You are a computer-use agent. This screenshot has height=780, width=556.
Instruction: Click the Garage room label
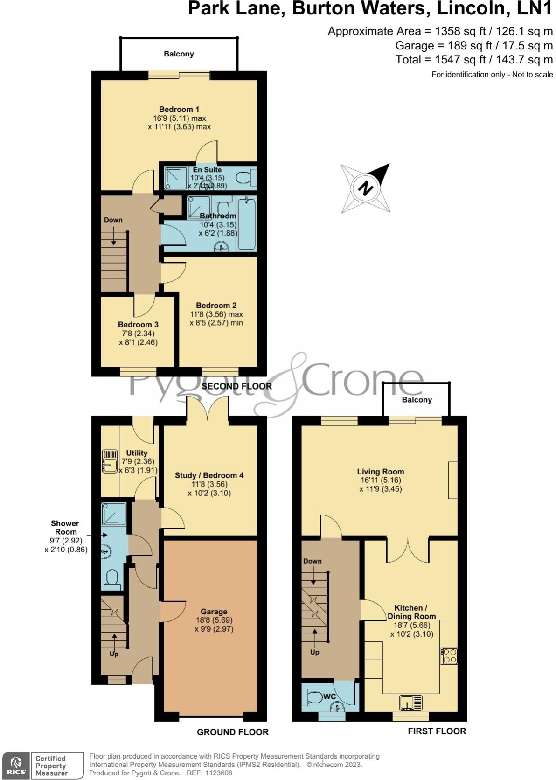[214, 611]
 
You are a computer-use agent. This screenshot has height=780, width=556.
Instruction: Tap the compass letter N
[366, 188]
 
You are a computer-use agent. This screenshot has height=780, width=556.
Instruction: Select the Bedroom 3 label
[138, 324]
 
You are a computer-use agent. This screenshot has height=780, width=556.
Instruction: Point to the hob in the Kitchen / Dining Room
[450, 656]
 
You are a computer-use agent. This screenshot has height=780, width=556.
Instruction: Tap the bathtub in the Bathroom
[247, 223]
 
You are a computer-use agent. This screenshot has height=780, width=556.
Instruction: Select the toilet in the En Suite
[245, 177]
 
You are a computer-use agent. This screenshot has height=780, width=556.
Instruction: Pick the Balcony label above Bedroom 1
[179, 54]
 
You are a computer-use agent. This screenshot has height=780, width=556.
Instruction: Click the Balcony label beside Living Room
[417, 400]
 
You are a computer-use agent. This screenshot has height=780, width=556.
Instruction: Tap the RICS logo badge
[16, 765]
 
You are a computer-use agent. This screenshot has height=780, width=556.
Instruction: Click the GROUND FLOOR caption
[232, 732]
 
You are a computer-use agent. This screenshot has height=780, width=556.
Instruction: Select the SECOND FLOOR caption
[236, 386]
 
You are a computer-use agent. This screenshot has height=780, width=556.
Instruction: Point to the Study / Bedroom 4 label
[209, 475]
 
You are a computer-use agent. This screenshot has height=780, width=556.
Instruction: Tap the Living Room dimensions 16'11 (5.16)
[380, 480]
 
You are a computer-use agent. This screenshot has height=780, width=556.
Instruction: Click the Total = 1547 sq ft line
[473, 59]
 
